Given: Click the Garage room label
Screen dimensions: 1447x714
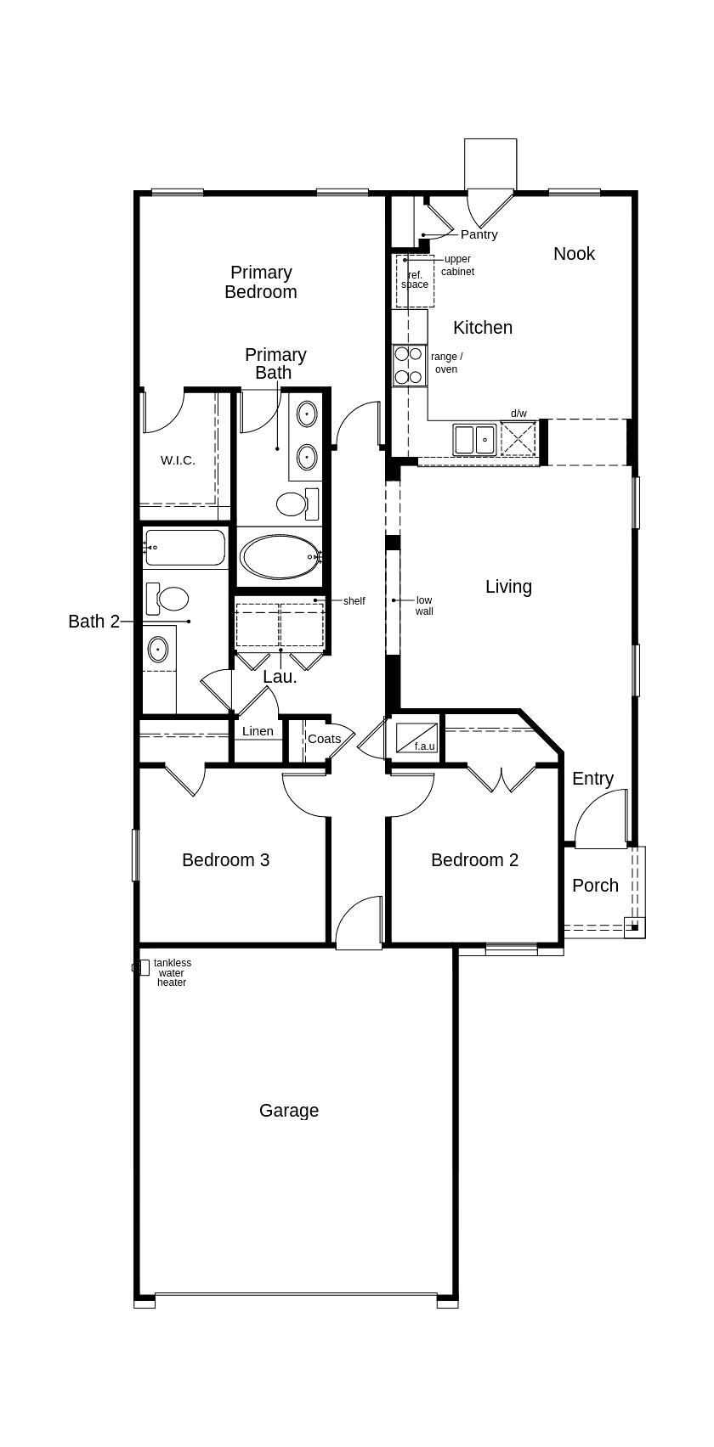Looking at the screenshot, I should click(x=289, y=1111).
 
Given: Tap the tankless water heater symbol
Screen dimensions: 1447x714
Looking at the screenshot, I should click(x=142, y=967).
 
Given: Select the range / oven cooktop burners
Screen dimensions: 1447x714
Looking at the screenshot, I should click(x=409, y=365).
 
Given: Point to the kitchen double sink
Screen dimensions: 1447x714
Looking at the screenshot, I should click(x=474, y=440).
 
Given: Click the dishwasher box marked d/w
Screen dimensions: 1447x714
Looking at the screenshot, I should click(x=518, y=439).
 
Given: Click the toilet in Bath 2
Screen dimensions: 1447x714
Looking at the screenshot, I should click(x=169, y=599).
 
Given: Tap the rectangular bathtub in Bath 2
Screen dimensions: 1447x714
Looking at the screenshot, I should click(x=184, y=549).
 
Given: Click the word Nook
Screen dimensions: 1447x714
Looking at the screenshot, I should click(x=574, y=254).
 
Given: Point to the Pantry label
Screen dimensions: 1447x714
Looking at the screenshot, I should click(x=479, y=234).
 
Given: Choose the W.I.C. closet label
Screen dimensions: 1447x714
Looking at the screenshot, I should click(x=178, y=460).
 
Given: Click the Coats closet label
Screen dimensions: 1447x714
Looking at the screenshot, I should click(x=324, y=739).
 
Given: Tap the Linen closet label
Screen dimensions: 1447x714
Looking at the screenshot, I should click(x=258, y=731).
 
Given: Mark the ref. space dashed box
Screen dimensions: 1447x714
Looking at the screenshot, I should click(x=415, y=281).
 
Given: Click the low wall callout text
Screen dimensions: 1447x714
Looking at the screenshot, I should click(x=424, y=605).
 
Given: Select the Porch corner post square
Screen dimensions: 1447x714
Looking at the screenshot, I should click(x=634, y=927).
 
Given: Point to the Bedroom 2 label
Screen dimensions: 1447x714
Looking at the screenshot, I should click(x=474, y=860).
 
